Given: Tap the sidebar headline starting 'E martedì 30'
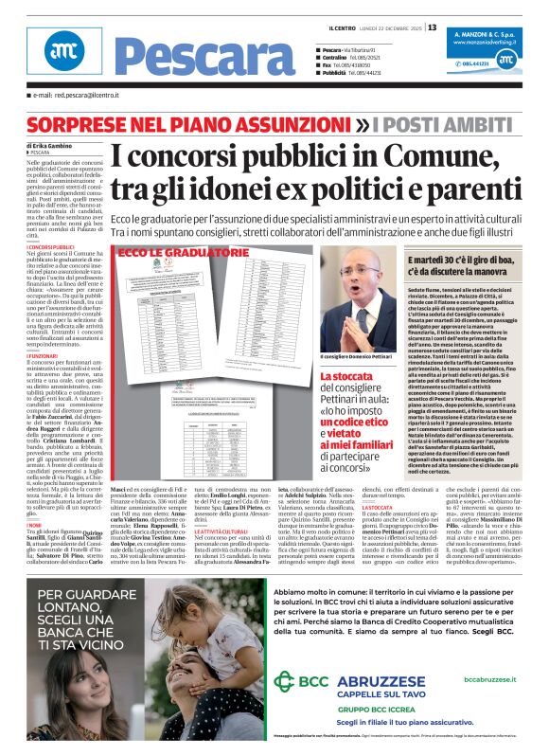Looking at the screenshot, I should pos(464,261).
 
